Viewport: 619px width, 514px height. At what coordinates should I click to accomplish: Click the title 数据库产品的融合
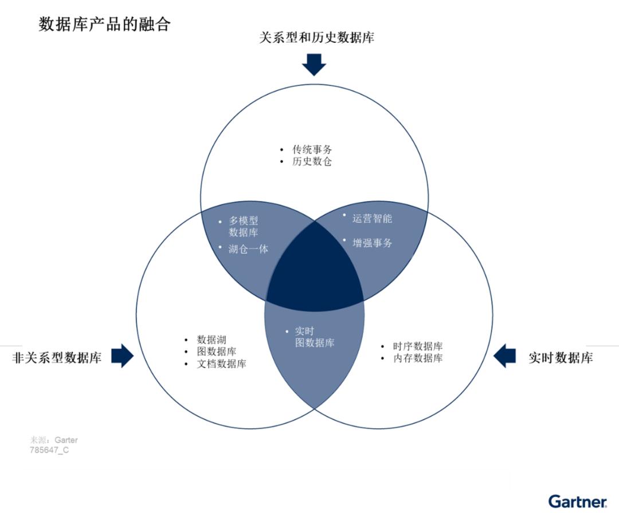105,24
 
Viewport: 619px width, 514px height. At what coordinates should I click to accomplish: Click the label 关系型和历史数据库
316,37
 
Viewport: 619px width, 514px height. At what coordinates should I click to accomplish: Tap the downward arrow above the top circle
314,64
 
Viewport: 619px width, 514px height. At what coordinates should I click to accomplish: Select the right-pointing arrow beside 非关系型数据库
123,355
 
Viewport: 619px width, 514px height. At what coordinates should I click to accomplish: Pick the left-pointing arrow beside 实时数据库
504,355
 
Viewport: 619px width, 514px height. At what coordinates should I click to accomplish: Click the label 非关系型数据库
57,358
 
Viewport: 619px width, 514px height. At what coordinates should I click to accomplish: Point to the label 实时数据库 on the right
561,358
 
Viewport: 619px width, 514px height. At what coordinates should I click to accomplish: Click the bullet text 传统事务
312,149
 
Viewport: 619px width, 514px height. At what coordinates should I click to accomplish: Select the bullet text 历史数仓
312,161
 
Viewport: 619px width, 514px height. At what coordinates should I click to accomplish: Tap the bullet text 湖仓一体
248,249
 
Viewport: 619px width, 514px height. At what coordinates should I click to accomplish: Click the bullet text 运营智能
373,219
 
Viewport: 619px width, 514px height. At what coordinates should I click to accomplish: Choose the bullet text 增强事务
373,243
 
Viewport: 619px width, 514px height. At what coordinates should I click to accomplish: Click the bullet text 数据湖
211,339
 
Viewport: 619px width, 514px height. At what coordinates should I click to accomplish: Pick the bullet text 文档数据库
221,363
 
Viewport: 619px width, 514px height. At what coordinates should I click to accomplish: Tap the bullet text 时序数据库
418,346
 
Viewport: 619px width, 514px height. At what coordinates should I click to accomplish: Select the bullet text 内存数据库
418,358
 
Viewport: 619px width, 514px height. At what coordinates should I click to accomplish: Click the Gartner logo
578,501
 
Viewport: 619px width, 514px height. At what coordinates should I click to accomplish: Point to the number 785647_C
49,450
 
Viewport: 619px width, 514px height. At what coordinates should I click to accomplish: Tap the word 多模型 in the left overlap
243,220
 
